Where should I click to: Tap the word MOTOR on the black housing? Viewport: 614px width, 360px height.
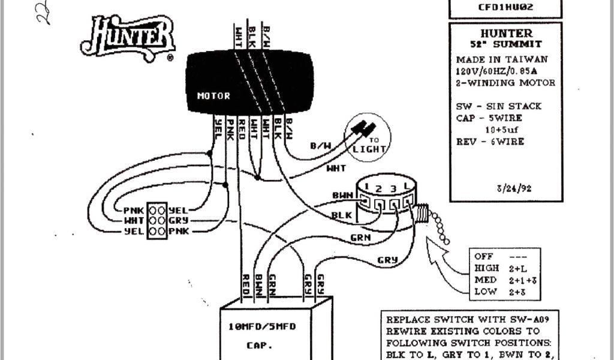(213, 95)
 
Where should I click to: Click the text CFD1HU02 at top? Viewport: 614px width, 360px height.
(506, 7)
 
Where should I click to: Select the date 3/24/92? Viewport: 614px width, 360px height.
(514, 188)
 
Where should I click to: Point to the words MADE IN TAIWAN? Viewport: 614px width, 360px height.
(501, 59)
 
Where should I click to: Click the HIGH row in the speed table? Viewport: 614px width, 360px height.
(486, 268)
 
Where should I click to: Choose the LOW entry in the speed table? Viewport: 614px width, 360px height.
(486, 292)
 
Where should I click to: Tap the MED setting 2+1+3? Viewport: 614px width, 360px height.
(522, 280)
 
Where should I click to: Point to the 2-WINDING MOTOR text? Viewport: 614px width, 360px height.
(505, 82)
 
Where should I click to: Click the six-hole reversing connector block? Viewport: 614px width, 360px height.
(156, 220)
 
